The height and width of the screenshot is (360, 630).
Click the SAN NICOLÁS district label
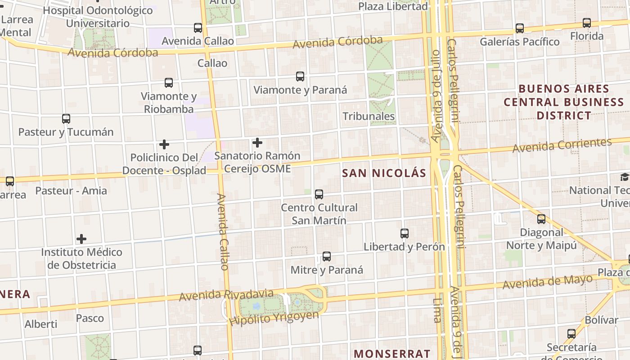coord(384,173)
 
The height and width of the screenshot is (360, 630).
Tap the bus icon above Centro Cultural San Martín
coord(319,194)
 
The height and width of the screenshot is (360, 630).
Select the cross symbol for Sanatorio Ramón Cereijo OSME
coord(257,143)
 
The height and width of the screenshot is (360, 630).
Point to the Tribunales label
coord(369,116)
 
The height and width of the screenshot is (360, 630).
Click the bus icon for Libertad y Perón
coord(405,234)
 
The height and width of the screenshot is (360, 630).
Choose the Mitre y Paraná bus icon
coord(327,257)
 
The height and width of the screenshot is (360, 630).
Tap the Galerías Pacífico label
coord(519,42)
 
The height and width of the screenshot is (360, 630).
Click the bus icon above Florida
coord(587,23)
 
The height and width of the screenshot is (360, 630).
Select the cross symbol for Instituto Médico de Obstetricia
coord(81,238)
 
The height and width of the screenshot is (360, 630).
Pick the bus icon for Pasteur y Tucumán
coord(66,119)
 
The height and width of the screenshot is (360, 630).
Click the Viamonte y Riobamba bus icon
coord(169,83)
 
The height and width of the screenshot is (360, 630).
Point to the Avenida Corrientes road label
coord(562,145)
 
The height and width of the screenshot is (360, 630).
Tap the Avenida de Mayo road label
coord(547,282)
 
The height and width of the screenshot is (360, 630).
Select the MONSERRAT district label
coord(392,354)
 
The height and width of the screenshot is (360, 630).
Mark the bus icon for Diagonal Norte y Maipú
coord(541,219)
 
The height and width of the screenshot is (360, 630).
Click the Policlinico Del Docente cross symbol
coord(164,144)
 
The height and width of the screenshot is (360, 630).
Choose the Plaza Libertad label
coord(393,6)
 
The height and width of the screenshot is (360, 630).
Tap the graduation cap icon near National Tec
coord(625,177)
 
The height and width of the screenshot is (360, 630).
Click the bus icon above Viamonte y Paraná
coord(300,76)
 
